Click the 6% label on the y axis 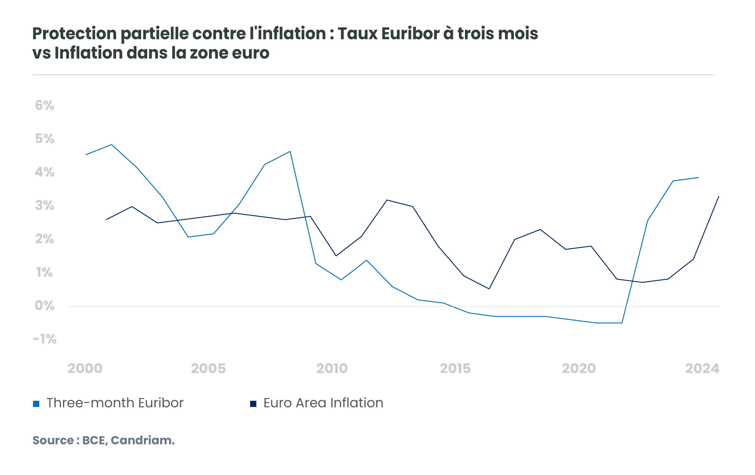(44, 106)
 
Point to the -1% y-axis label (44, 339)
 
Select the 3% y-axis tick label (44, 206)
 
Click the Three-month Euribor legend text (115, 403)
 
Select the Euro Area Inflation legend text (323, 403)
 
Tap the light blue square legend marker (36, 404)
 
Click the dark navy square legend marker (253, 404)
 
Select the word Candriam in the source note (142, 440)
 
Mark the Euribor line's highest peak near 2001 (112, 145)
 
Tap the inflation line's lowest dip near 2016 (489, 289)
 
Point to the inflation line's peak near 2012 (387, 200)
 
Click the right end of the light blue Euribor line (698, 178)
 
